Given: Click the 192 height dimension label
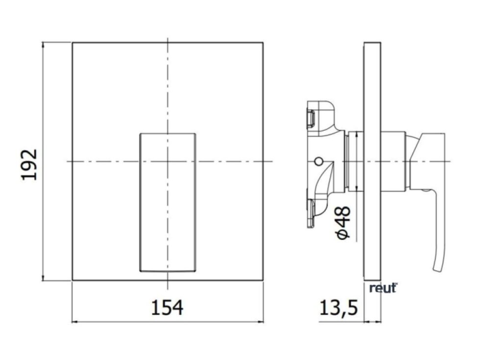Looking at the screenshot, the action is (29, 165).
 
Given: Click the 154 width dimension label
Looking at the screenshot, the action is (168, 308).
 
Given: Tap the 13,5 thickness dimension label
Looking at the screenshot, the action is (338, 308).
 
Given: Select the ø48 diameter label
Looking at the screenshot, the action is (343, 223).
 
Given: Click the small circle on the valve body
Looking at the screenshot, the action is (319, 161).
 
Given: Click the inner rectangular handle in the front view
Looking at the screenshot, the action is (168, 202).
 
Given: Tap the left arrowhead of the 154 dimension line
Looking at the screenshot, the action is (73, 322).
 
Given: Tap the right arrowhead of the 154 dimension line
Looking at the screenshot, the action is (262, 322).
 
